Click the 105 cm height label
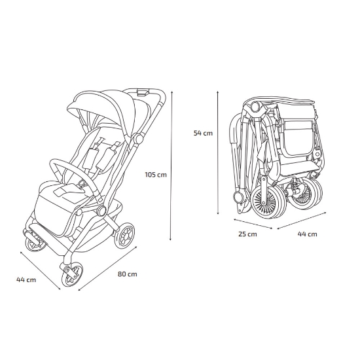[x=156, y=175]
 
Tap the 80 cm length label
[x=128, y=274]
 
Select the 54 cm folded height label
[x=203, y=133]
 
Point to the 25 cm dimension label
[x=247, y=234]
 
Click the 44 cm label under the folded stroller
[x=307, y=234]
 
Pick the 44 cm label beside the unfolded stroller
[x=26, y=280]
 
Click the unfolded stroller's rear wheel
[x=124, y=235]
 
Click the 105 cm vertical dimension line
[x=171, y=166]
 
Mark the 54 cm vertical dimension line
[x=218, y=153]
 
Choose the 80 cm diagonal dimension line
[x=108, y=268]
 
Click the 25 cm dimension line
[x=253, y=224]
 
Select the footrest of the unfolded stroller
[x=34, y=234]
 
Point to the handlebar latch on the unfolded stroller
[x=142, y=92]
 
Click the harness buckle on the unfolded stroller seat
[x=82, y=183]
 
